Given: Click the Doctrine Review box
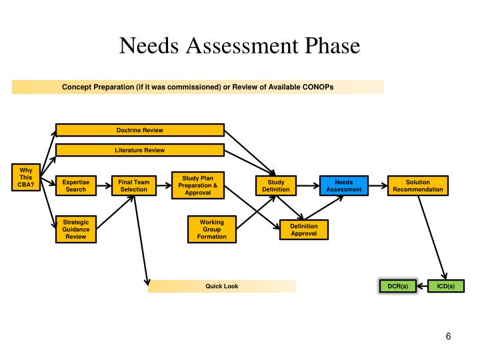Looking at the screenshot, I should pyautogui.click(x=140, y=129).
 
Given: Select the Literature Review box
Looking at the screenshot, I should pyautogui.click(x=140, y=150).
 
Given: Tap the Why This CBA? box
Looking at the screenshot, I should pyautogui.click(x=26, y=177).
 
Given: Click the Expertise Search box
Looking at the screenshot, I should pyautogui.click(x=76, y=185).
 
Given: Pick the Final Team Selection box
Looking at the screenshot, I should pyautogui.click(x=134, y=185).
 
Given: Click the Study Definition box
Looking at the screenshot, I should pyautogui.click(x=276, y=185).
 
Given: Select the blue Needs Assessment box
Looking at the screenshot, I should pyautogui.click(x=343, y=185).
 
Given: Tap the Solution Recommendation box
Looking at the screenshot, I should pyautogui.click(x=417, y=185).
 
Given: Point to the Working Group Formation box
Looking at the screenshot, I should pyautogui.click(x=211, y=229).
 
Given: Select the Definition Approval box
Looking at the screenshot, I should pyautogui.click(x=303, y=230).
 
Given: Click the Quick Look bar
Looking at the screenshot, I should pyautogui.click(x=221, y=286).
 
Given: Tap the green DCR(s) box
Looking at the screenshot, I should pyautogui.click(x=397, y=286).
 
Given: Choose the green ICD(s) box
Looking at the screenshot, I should pyautogui.click(x=445, y=286).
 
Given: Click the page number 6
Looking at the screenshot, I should pyautogui.click(x=449, y=337).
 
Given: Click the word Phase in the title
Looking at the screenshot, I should pyautogui.click(x=327, y=46).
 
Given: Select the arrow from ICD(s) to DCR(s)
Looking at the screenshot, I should pyautogui.click(x=421, y=286).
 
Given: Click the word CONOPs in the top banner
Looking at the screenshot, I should pyautogui.click(x=317, y=87).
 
